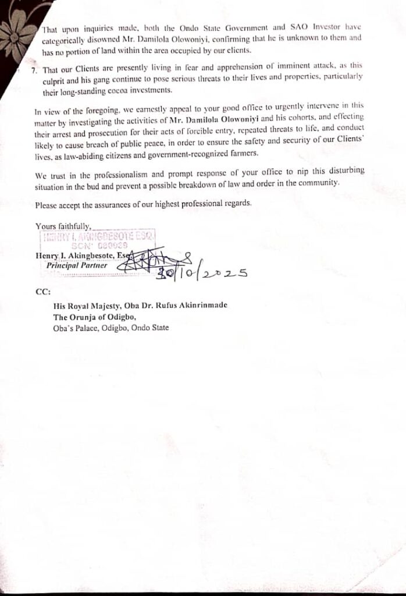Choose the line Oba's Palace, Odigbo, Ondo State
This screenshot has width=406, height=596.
point(111,328)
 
